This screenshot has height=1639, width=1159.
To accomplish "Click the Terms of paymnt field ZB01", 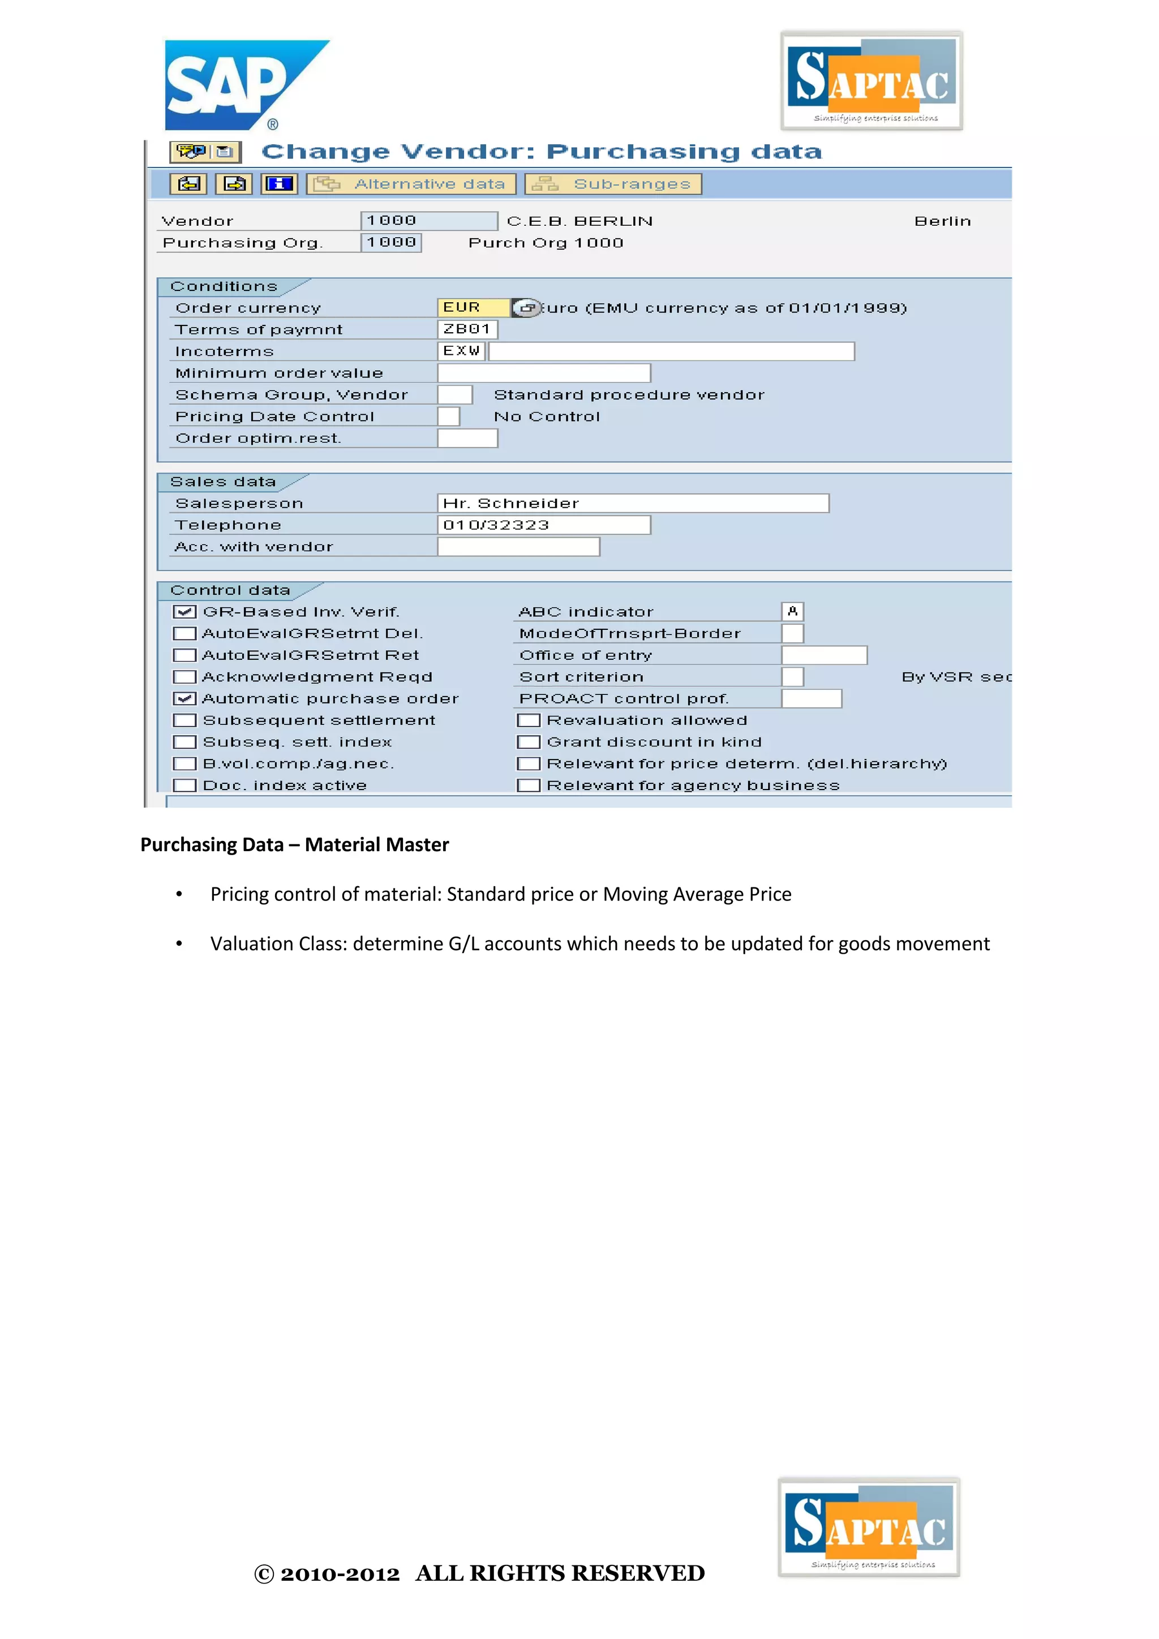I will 467,329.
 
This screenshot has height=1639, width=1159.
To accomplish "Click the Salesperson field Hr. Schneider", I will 632,503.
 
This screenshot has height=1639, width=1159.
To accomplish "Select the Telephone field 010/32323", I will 543,525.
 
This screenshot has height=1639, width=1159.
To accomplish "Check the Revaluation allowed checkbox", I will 528,720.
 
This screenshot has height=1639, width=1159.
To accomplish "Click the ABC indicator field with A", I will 792,612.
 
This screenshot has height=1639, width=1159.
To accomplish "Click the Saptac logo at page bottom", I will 869,1527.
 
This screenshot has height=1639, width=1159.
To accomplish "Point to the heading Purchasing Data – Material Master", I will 294,845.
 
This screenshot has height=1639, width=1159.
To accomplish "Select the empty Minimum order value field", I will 543,372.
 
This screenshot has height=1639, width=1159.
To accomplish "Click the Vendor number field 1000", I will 428,221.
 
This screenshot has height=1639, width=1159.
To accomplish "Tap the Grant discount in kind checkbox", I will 528,743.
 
